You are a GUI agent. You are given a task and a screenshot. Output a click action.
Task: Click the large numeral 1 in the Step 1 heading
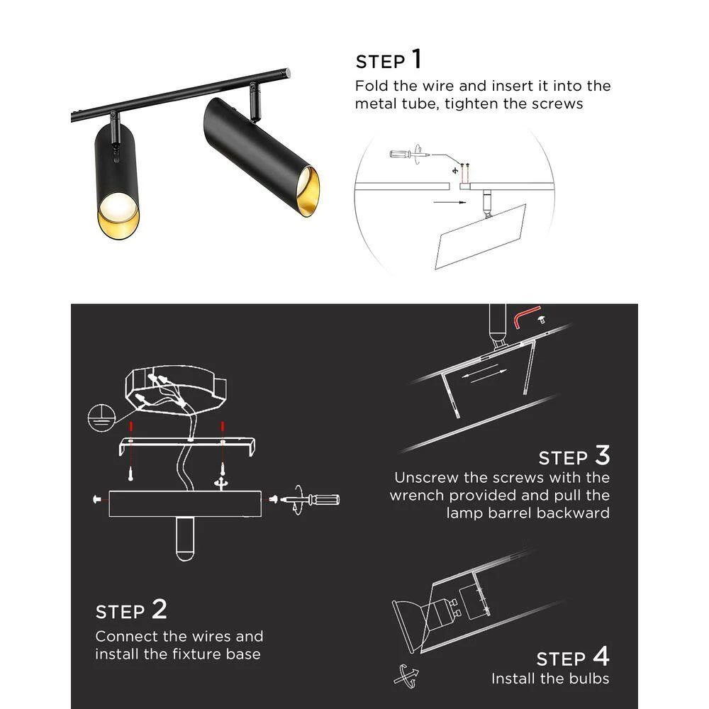417,60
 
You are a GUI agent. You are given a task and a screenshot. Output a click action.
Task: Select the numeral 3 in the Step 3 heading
602,455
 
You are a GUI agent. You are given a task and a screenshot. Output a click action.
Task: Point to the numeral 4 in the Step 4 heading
601,656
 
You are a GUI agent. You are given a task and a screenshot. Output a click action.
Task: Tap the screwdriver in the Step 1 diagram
410,154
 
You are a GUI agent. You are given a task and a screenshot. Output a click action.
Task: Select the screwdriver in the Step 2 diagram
310,500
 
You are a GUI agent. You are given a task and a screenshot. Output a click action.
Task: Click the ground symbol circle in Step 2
101,418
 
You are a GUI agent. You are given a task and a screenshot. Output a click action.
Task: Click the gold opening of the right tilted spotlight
308,191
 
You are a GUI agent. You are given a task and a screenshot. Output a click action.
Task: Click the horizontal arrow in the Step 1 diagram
450,202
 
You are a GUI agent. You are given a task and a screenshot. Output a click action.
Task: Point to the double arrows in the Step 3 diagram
484,374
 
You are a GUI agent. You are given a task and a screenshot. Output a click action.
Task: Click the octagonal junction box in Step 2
175,389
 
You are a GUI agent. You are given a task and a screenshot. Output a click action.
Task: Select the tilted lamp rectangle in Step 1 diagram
480,237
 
